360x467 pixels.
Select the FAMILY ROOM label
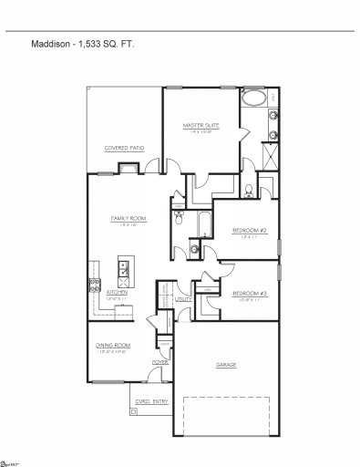coord(129,219)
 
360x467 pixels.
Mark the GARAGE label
coord(226,365)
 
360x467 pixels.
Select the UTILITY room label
coord(183,298)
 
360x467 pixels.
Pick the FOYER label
coord(160,362)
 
